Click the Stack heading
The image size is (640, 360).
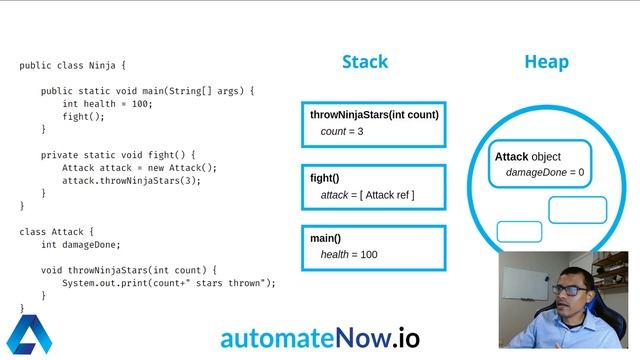tap(365, 62)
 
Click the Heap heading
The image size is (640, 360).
tap(546, 62)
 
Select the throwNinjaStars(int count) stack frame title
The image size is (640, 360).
tap(374, 115)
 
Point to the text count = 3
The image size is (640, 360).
tap(342, 132)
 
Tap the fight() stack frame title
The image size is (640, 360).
tap(325, 178)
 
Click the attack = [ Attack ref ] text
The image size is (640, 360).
tap(367, 195)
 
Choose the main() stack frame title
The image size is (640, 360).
tap(326, 238)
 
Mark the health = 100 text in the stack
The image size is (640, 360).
tap(349, 255)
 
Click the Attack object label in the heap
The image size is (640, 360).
tap(528, 157)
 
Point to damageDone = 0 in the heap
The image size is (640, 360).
tap(545, 173)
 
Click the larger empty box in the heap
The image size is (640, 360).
tap(577, 210)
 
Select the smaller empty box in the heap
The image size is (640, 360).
tap(519, 232)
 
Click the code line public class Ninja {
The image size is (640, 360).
tap(73, 66)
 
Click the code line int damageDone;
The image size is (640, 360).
tap(81, 245)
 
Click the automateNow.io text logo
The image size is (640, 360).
tap(320, 336)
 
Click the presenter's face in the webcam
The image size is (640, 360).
tap(567, 296)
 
